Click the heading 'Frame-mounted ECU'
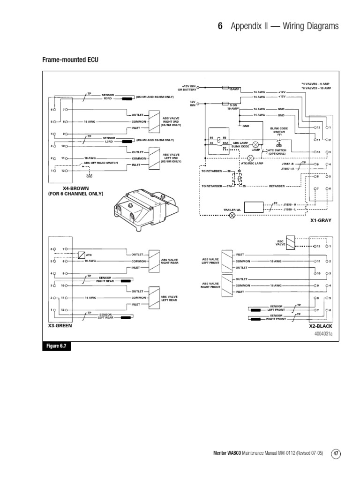[x=71, y=60]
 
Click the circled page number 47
[x=336, y=453]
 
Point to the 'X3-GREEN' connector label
[x=60, y=325]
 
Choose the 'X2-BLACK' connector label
[x=320, y=325]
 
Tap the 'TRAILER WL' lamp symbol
[x=231, y=216]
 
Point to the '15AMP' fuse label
[x=234, y=89]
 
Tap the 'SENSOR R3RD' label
[x=108, y=97]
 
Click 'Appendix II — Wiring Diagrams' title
[x=285, y=26]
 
